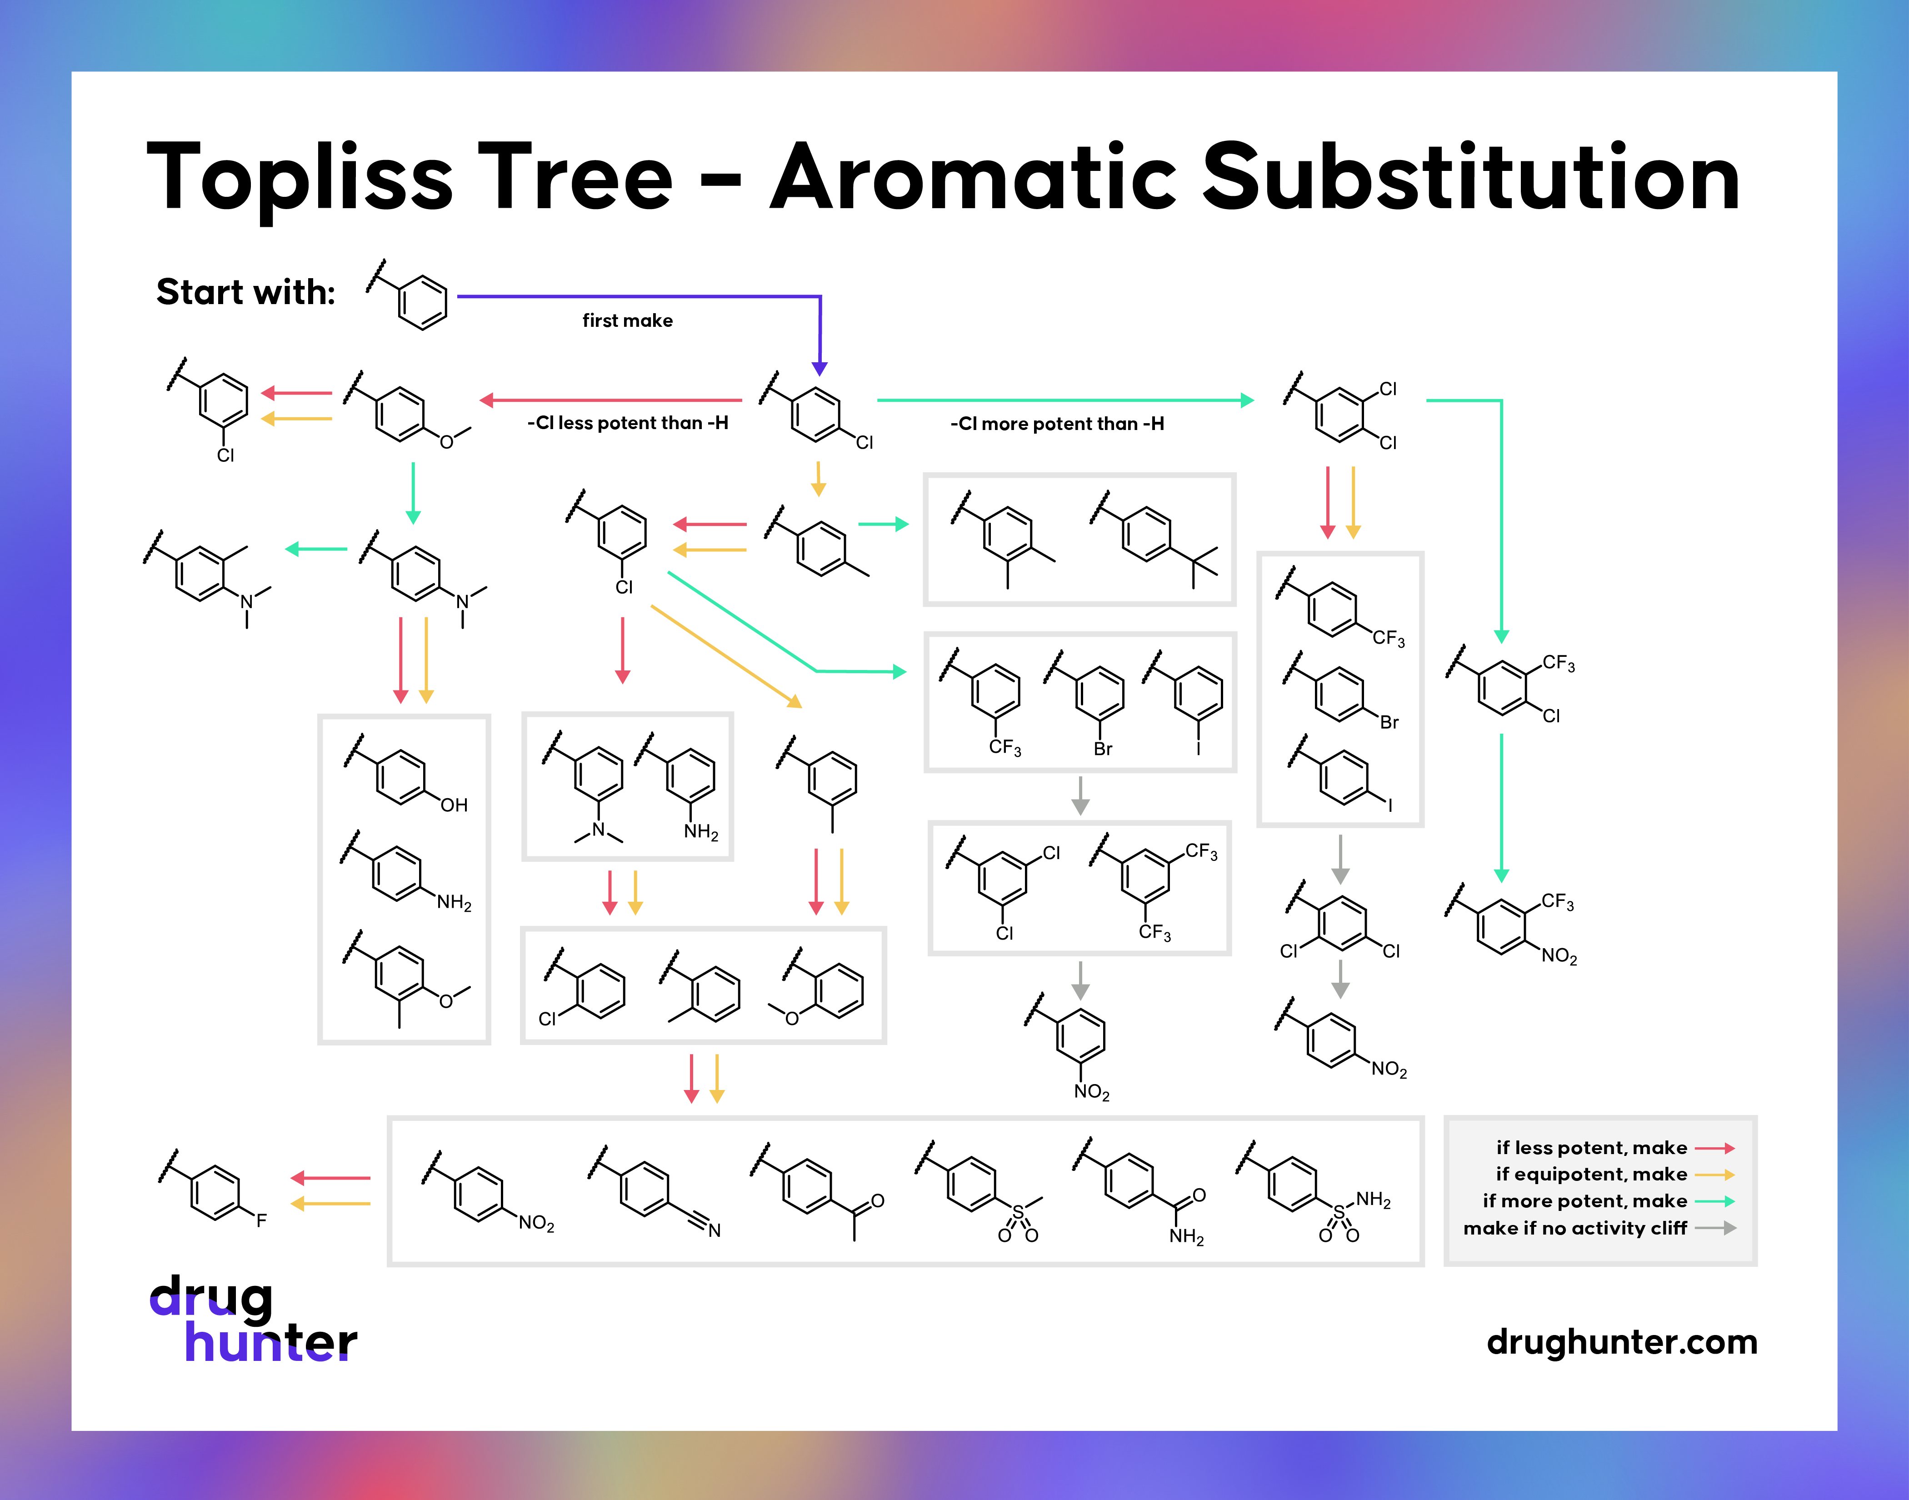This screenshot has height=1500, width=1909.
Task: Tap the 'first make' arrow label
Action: (x=627, y=320)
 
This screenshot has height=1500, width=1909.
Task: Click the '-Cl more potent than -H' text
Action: (x=1056, y=424)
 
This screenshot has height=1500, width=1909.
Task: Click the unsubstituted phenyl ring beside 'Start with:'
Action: (x=422, y=301)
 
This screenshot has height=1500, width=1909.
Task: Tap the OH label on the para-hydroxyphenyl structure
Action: (x=454, y=805)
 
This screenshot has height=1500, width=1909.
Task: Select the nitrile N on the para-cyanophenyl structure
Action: (x=715, y=1230)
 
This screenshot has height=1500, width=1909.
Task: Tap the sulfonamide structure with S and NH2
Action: (x=1313, y=1195)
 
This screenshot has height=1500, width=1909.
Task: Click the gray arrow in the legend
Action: (x=1715, y=1228)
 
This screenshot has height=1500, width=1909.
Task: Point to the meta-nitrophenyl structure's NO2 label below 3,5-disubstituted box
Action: (x=1091, y=1093)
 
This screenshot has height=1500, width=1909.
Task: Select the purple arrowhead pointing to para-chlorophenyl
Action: (x=819, y=368)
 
